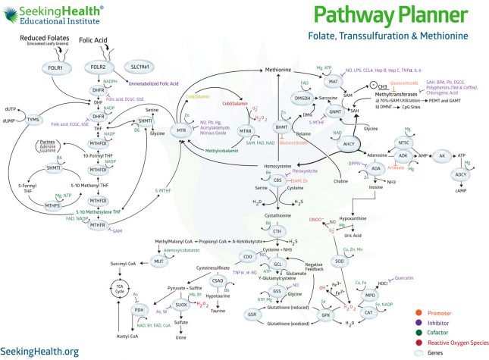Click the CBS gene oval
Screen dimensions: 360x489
(279, 181)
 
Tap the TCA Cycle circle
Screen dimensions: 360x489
(118, 289)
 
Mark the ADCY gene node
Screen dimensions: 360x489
(460, 174)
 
